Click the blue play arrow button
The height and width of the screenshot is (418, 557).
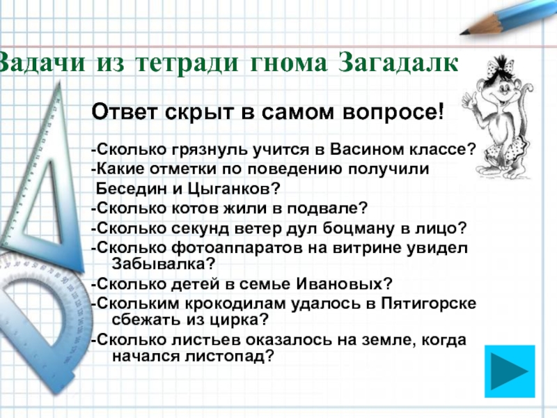(510, 371)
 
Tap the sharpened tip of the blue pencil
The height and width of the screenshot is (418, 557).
(461, 33)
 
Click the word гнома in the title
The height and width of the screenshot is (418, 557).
(288, 63)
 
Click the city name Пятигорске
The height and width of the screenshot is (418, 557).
(428, 304)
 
